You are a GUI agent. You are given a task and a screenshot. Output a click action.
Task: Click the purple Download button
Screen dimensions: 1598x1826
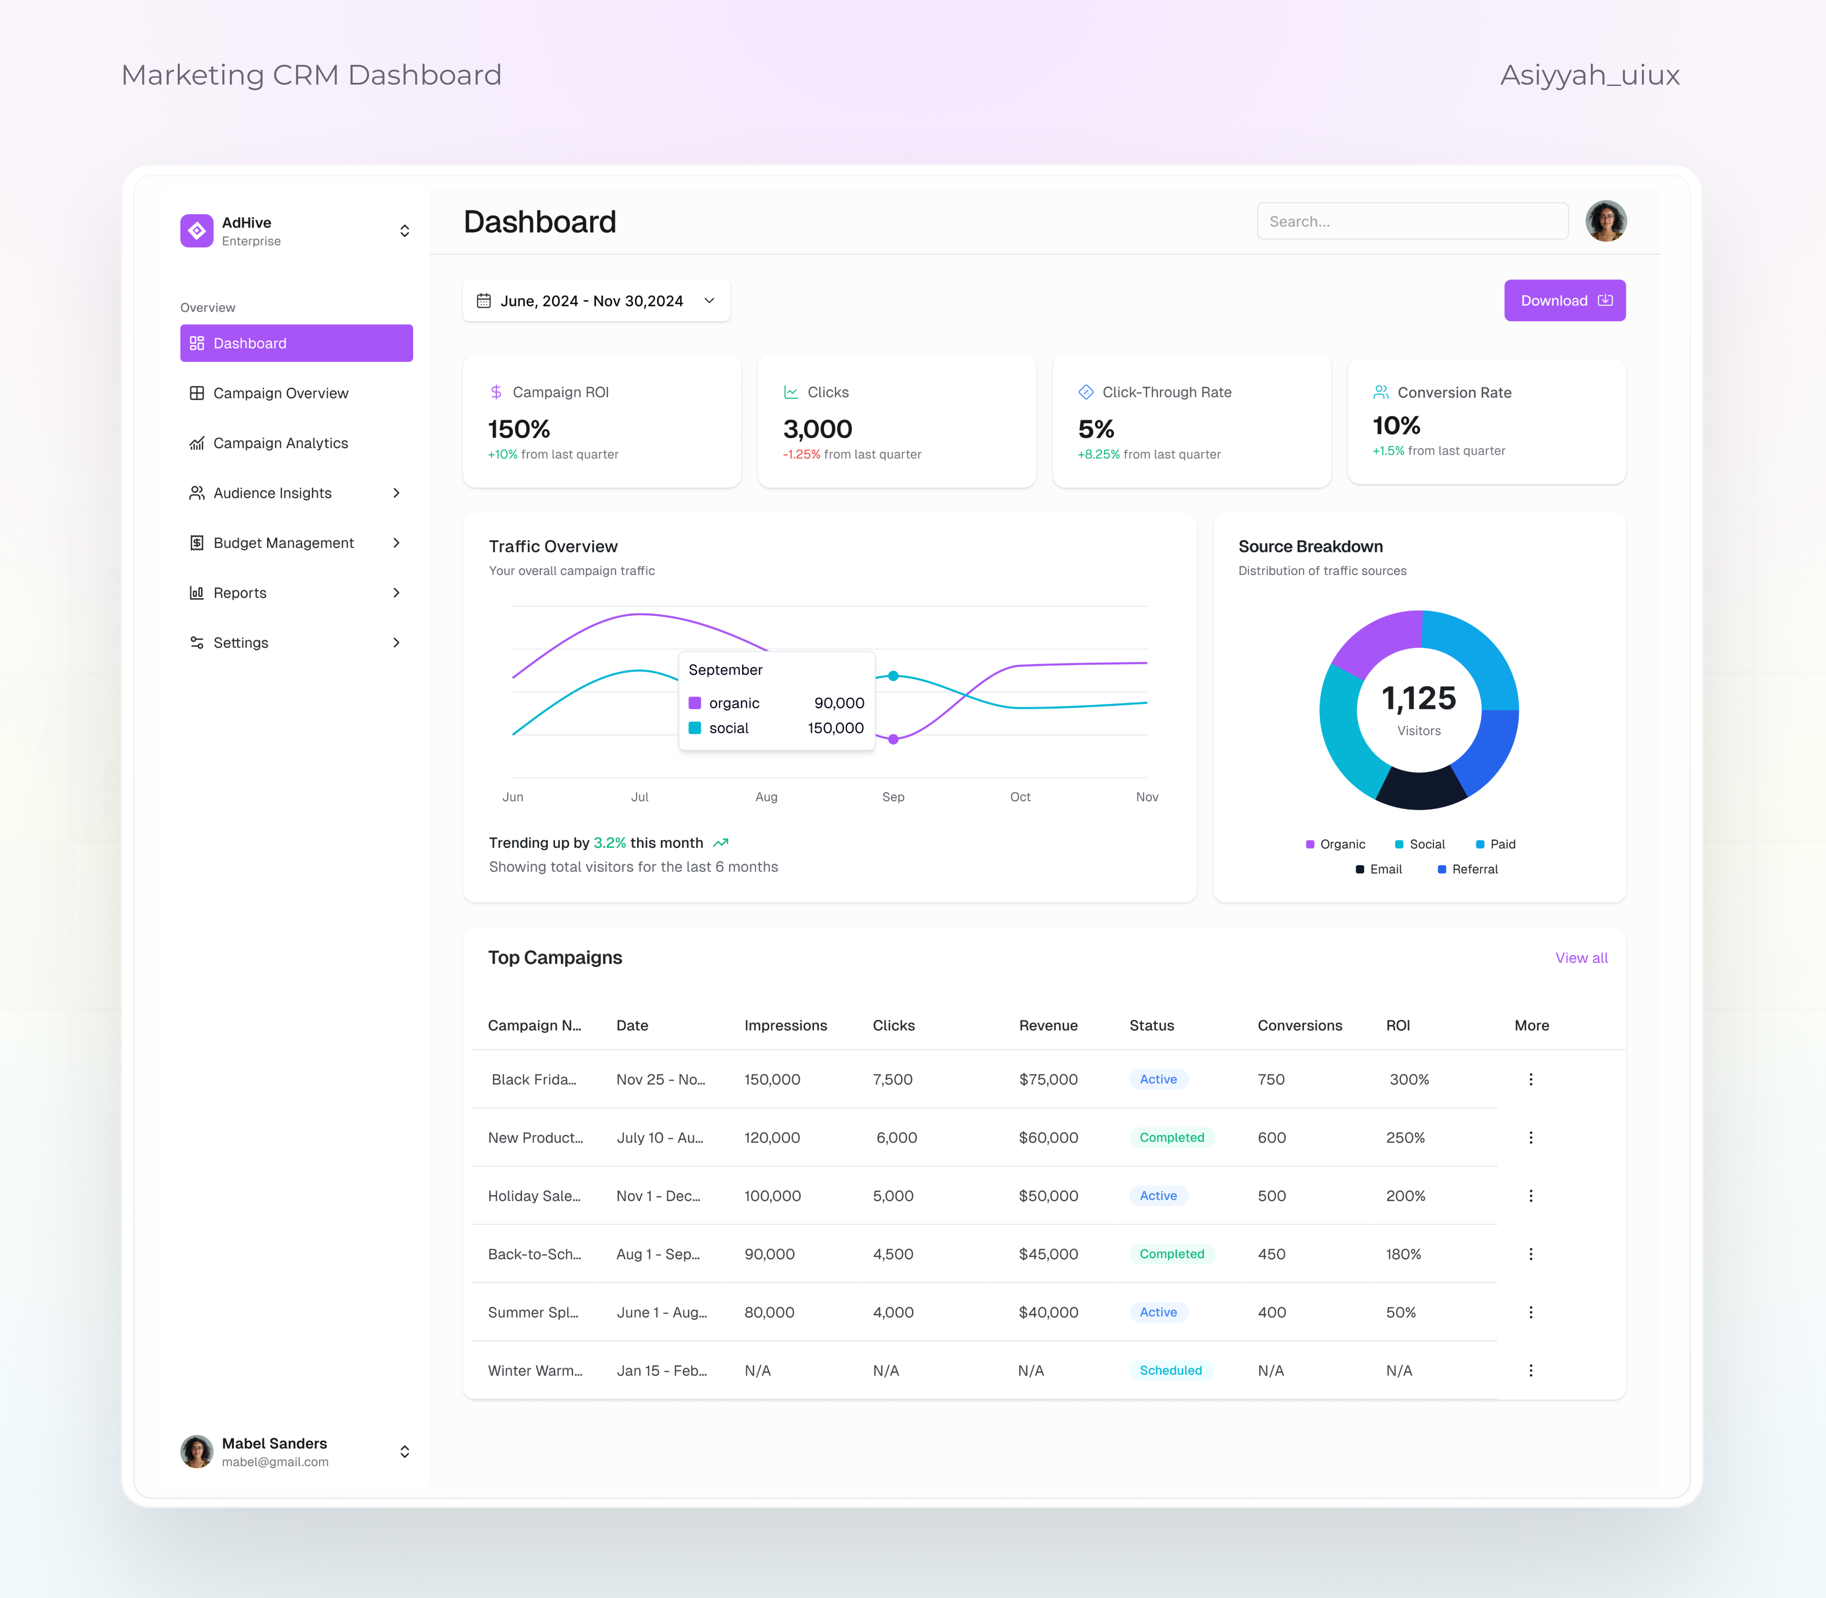[1564, 301]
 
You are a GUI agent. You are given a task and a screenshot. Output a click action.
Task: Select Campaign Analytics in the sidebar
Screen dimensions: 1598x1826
[280, 443]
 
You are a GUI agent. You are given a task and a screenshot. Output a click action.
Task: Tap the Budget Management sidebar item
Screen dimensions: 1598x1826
[282, 543]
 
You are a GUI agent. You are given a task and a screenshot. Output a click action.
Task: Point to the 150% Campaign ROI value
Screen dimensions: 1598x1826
[519, 429]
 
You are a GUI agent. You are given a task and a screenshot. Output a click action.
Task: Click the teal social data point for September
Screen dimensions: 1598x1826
[893, 676]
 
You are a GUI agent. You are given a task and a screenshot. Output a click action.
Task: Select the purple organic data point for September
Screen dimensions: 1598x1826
[893, 739]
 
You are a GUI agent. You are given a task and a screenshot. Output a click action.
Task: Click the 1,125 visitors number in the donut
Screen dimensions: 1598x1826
[1419, 698]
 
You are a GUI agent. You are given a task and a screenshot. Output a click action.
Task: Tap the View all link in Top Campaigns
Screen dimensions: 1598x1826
[1581, 958]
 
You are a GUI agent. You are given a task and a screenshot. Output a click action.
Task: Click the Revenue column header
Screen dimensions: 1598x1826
[1047, 1025]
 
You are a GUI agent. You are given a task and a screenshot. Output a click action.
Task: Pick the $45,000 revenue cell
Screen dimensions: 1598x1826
[1047, 1254]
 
